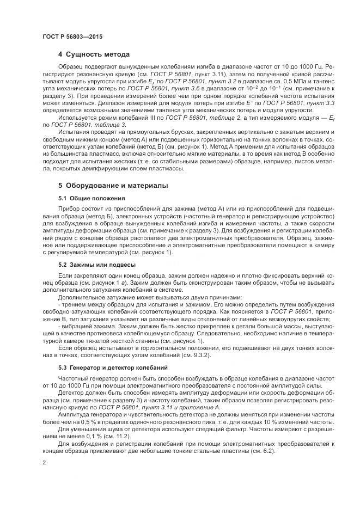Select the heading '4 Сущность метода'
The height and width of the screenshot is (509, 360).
click(94, 55)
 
